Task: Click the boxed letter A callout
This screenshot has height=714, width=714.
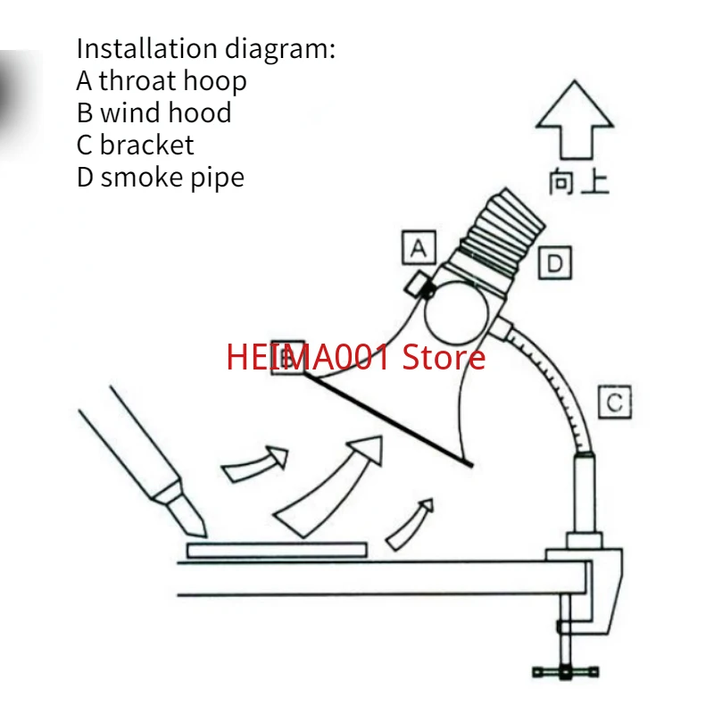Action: (419, 248)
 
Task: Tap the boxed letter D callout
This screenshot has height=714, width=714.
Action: (555, 263)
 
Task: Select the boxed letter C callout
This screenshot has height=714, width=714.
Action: (614, 402)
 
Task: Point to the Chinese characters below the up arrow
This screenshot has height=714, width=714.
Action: (578, 182)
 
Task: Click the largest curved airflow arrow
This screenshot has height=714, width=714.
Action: (330, 483)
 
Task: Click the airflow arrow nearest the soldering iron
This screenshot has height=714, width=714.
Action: (255, 464)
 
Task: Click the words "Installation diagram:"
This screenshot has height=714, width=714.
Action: (206, 48)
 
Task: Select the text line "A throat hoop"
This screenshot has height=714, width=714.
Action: (162, 81)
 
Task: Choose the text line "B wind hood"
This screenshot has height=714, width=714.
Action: (154, 113)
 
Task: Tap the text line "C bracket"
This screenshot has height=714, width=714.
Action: (135, 145)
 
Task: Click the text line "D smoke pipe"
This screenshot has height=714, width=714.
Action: (161, 178)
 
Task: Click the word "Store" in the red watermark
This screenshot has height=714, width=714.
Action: (444, 358)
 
